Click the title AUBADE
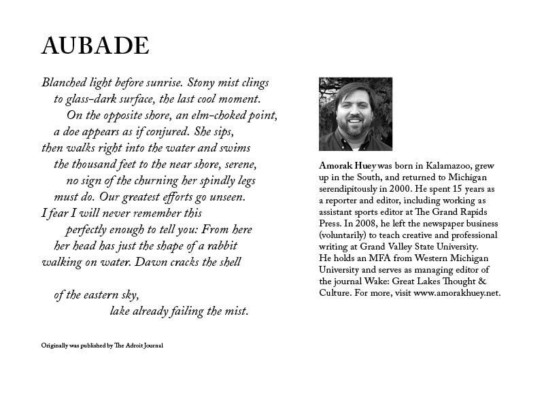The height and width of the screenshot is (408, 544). click(x=95, y=46)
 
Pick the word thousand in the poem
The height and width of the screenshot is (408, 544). click(x=98, y=164)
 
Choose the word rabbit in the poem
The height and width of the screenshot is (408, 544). click(x=219, y=245)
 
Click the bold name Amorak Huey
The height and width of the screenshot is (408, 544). click(x=346, y=165)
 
